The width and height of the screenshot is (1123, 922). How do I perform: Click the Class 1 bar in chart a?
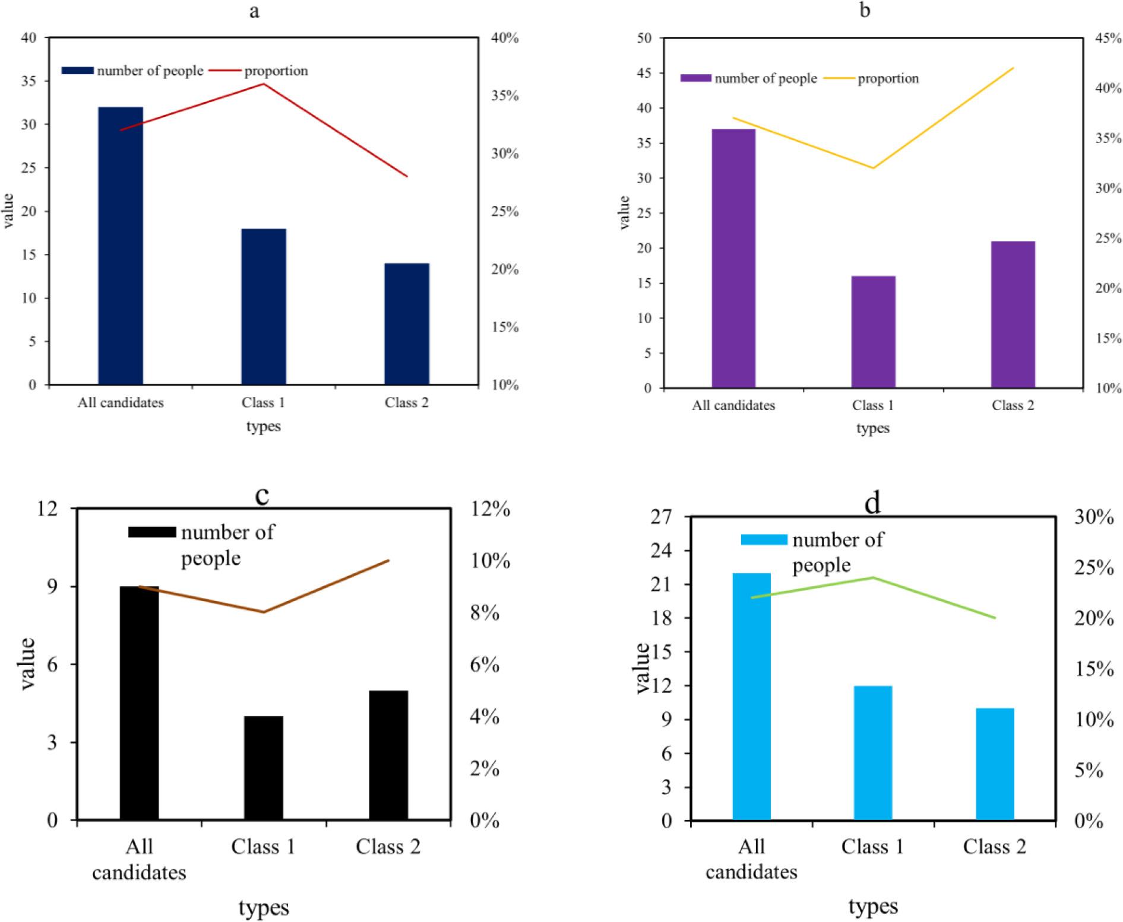(x=263, y=306)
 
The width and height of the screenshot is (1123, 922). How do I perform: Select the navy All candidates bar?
(x=121, y=246)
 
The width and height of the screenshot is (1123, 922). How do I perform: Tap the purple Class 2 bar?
(x=1013, y=314)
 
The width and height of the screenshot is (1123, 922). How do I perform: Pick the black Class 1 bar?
(x=263, y=768)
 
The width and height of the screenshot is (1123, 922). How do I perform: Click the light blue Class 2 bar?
(x=995, y=764)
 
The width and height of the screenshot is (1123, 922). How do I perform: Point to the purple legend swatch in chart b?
(x=695, y=78)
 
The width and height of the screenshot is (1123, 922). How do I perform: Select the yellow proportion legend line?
(x=839, y=78)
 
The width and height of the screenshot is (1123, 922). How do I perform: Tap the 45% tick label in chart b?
(x=1108, y=38)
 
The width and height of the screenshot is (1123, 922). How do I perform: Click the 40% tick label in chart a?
(x=505, y=38)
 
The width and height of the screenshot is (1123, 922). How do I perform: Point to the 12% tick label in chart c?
(x=490, y=509)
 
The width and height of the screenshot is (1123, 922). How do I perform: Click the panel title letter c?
(x=262, y=495)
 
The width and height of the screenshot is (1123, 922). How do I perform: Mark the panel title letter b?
(x=865, y=10)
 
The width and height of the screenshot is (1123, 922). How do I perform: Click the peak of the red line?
(x=264, y=84)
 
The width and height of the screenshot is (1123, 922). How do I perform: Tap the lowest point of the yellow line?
(x=873, y=168)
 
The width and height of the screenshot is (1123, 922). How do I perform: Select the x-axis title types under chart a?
(x=263, y=427)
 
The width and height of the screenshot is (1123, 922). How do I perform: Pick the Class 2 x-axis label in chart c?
(x=388, y=847)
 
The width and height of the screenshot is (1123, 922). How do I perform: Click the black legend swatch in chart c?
(x=152, y=532)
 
